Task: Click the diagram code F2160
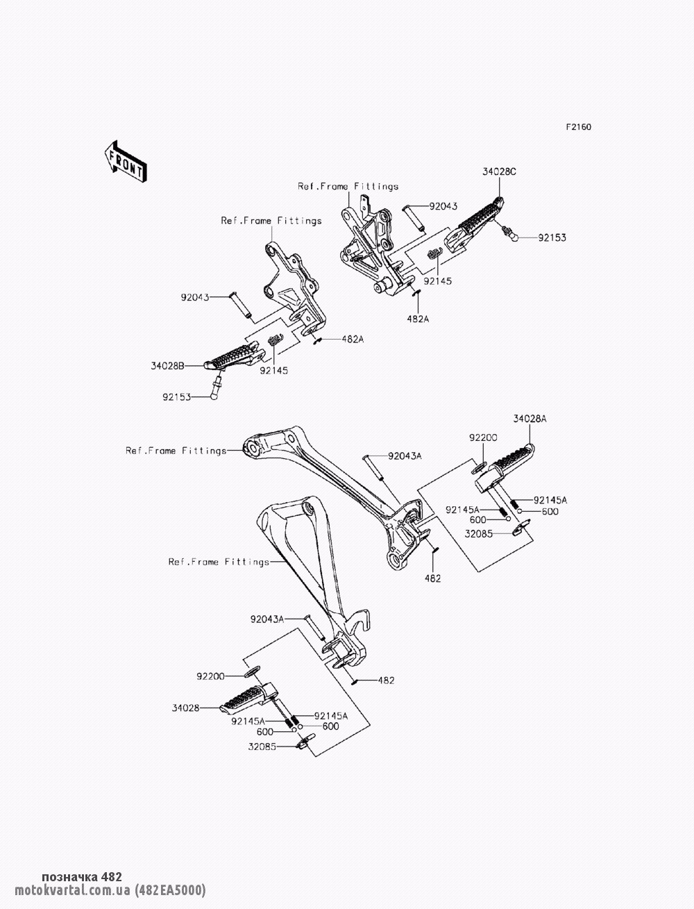coord(578,127)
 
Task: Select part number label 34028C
coord(500,172)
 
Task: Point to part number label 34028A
coord(530,419)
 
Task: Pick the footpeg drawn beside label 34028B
coord(232,358)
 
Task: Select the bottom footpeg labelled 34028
coord(246,699)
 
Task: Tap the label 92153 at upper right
coord(552,237)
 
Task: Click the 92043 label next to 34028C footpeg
coord(443,206)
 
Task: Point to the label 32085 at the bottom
coord(262,747)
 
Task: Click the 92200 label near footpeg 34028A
coord(483,438)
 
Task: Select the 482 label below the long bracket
coord(432,578)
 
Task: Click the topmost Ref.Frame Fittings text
coord(348,186)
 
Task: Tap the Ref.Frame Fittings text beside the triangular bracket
coord(219,562)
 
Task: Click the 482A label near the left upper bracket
coord(351,340)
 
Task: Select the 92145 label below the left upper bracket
coord(274,370)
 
